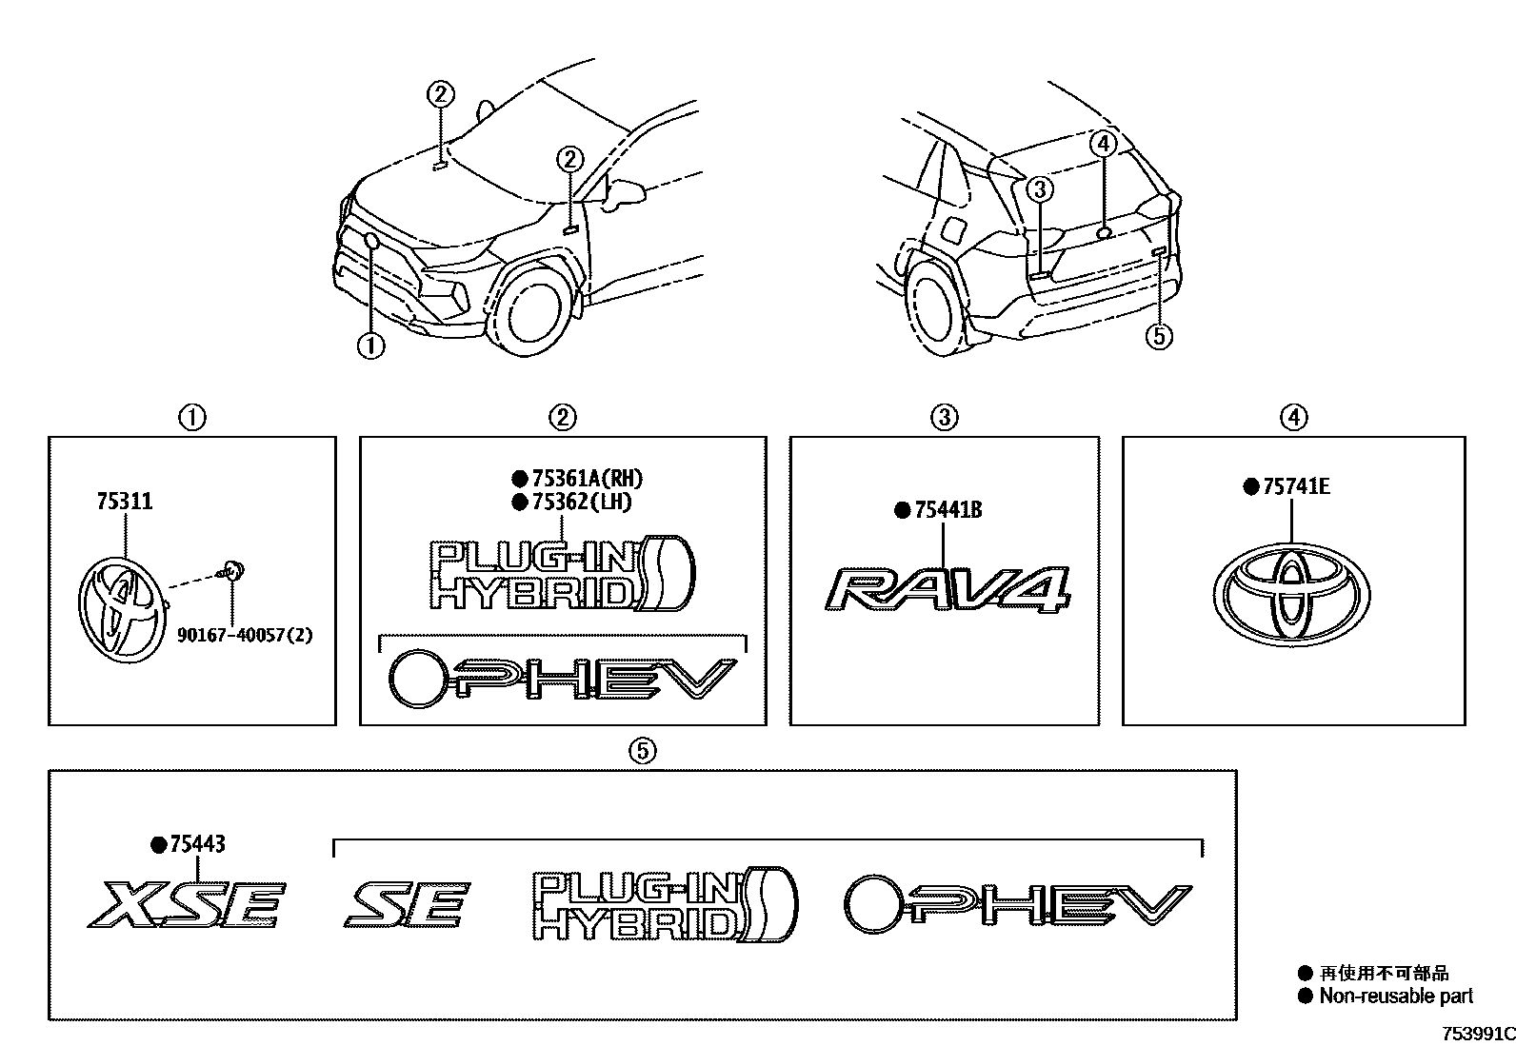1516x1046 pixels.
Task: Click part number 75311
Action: (x=124, y=502)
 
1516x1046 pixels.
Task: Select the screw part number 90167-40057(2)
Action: (x=245, y=633)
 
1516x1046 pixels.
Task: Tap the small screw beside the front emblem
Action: (x=231, y=571)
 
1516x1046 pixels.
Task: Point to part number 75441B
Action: (x=947, y=511)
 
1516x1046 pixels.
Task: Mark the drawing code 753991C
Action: (x=1476, y=1034)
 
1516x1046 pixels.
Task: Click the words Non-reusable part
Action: (x=1396, y=996)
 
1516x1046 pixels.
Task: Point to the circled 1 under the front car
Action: (x=370, y=346)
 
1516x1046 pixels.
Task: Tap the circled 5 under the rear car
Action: (x=1159, y=335)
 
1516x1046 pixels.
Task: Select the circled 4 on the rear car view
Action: (x=1102, y=145)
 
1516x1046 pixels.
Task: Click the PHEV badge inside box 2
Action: (x=563, y=679)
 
